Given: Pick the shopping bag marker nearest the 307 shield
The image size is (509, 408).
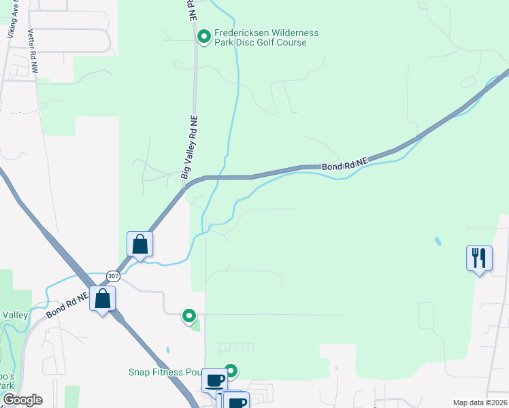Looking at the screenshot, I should pyautogui.click(x=102, y=299).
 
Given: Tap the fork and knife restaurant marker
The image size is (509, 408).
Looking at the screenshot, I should pyautogui.click(x=479, y=258).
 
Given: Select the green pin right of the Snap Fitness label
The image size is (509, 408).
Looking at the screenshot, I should pyautogui.click(x=231, y=371).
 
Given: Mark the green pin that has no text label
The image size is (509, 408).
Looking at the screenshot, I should pyautogui.click(x=190, y=316).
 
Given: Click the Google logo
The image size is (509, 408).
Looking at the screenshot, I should pyautogui.click(x=22, y=400).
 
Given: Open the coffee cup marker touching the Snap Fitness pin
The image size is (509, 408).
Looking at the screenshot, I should pyautogui.click(x=215, y=380).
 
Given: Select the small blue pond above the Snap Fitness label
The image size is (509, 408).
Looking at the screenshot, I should pyautogui.click(x=167, y=351).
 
